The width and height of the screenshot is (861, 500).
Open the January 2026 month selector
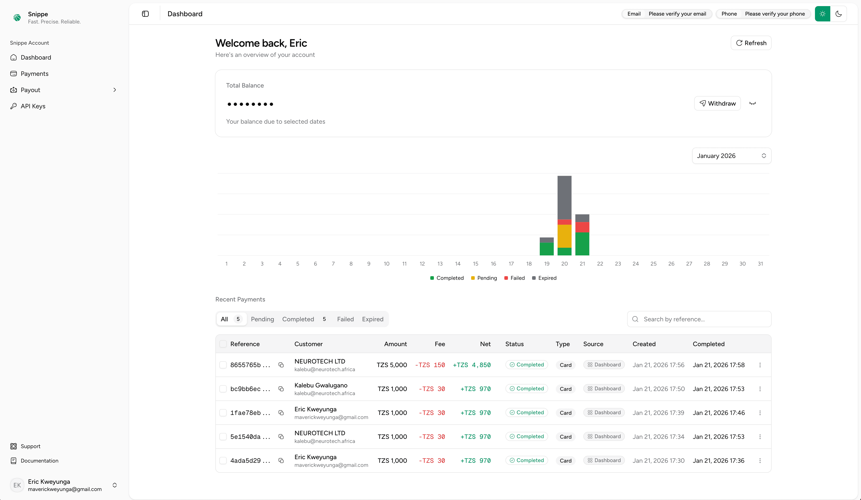click(x=731, y=156)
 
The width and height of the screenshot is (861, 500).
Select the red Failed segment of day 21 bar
click(x=582, y=227)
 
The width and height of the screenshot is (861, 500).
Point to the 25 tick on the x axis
click(x=653, y=264)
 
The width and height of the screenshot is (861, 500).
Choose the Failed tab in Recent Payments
click(x=345, y=319)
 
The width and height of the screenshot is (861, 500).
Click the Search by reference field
click(x=704, y=319)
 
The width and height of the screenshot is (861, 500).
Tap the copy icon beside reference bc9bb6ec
click(x=281, y=389)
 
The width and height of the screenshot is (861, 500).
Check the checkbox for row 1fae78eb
click(x=223, y=413)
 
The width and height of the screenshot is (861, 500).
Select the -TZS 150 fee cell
click(x=430, y=365)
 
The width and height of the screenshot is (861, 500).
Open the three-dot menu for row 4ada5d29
click(x=760, y=461)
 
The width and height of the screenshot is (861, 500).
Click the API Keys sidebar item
click(x=33, y=106)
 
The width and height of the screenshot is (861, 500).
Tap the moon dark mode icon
click(x=838, y=14)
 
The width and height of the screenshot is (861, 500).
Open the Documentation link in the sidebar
click(x=39, y=461)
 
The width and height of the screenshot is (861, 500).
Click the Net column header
click(x=485, y=344)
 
